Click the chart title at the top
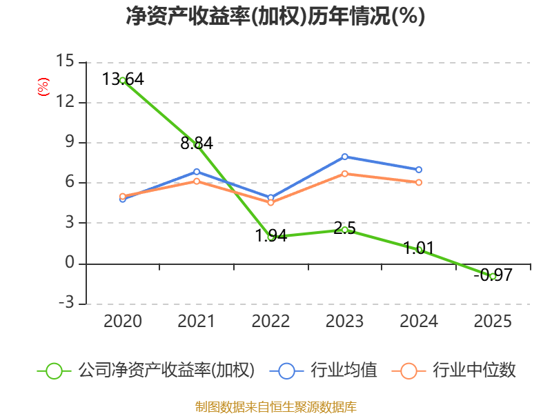tap(275, 16)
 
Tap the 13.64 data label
tap(123, 79)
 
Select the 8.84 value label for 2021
tap(197, 144)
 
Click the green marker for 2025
tap(493, 277)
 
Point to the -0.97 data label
tap(493, 275)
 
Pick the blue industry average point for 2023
tap(344, 157)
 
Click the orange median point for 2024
tap(419, 182)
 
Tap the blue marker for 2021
tap(197, 172)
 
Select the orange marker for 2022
tap(270, 202)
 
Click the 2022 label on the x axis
tap(270, 321)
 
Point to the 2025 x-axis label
tap(493, 321)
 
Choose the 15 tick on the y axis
tap(65, 61)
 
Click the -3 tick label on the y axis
tap(66, 302)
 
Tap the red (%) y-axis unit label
tap(43, 87)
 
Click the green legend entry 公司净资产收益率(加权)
tap(146, 371)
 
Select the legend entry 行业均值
tap(323, 371)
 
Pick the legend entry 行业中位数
tap(454, 371)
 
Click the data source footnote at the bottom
tap(276, 407)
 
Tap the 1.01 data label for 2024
tap(419, 248)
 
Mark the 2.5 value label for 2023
tap(344, 228)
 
